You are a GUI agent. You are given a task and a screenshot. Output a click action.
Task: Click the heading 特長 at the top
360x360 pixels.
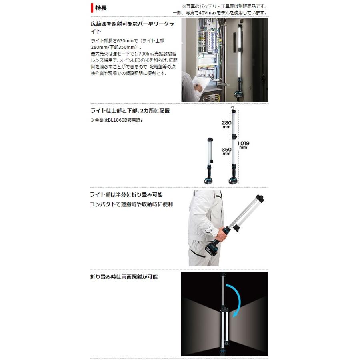coord(101,8)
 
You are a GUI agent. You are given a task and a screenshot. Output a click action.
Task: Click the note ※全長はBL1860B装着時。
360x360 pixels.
coord(116,120)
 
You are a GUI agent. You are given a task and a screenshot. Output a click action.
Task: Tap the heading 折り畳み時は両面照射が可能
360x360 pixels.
coord(124,277)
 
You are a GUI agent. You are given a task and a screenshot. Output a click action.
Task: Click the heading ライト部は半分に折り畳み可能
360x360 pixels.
coord(126,194)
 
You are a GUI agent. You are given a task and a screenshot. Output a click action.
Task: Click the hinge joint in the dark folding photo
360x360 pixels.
coord(224,310)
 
